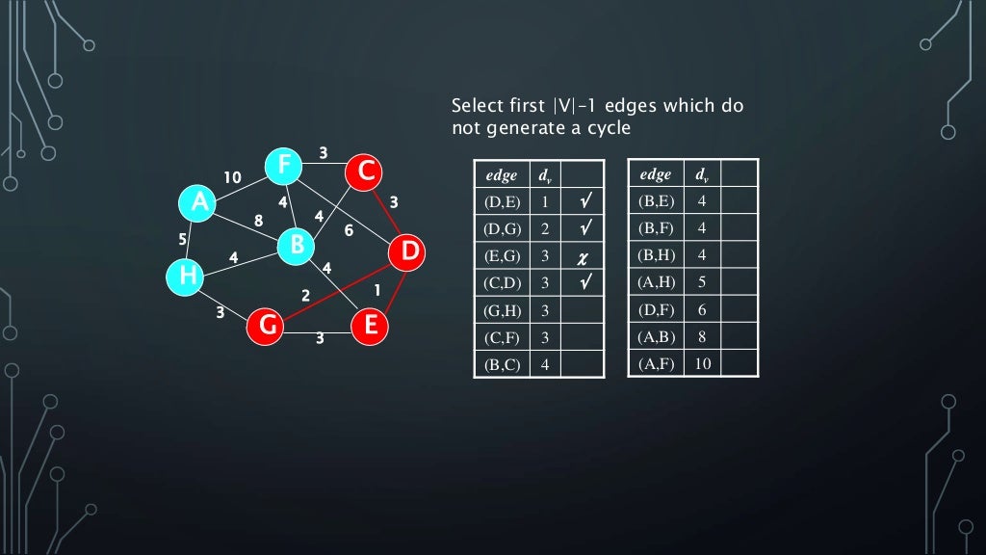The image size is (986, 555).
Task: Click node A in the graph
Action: coord(198,202)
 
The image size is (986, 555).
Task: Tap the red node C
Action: coord(365,172)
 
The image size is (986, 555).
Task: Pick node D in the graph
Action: coord(409,252)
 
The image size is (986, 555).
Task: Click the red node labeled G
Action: coord(267,327)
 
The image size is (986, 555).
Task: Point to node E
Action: coord(369,327)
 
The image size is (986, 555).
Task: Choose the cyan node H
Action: coord(186,277)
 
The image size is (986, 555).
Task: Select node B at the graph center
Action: coord(297,245)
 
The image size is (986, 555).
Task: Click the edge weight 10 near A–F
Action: coord(232,178)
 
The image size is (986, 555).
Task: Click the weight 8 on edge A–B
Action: coord(258,221)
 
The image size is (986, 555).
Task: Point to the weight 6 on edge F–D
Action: coord(349,230)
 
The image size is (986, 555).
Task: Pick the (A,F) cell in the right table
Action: coord(656,363)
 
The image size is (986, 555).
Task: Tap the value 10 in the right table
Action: coord(702,363)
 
